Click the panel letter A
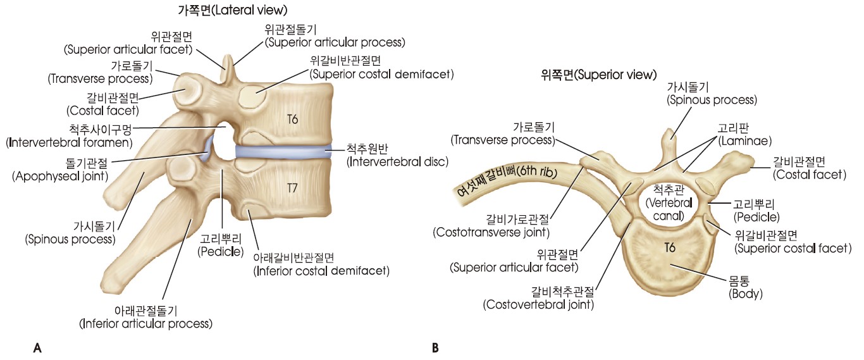37,347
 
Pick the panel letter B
435,347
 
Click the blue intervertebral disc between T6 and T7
281,152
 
